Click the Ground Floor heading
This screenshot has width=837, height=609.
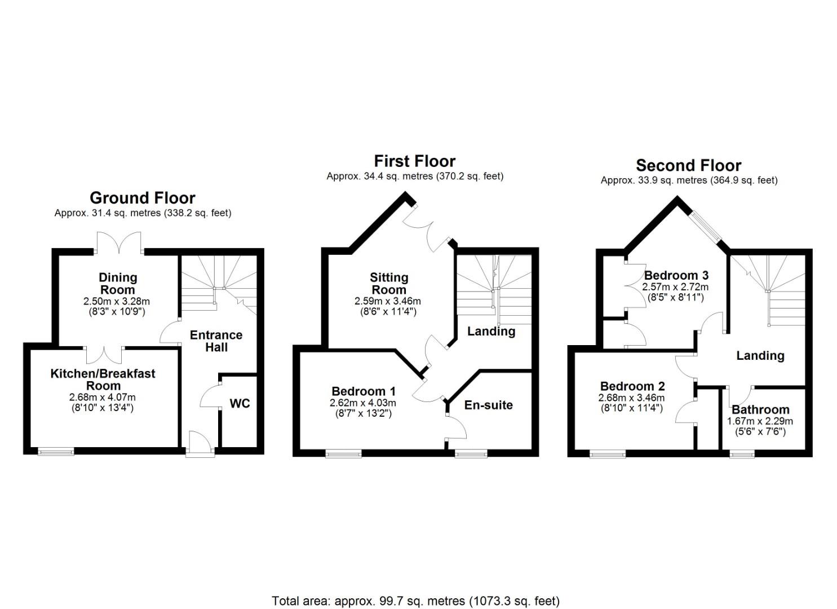[x=143, y=198]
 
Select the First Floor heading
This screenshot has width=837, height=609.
[x=414, y=161]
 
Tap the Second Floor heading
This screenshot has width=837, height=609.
[x=688, y=166]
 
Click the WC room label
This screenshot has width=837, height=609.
[x=240, y=404]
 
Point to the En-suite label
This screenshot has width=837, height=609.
[x=488, y=405]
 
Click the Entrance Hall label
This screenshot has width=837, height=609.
[x=216, y=341]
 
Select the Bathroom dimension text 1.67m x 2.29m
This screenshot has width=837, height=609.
[x=760, y=421]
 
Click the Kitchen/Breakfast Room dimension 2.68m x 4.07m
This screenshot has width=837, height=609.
[x=103, y=397]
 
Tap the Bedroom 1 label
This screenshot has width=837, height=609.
[x=363, y=391]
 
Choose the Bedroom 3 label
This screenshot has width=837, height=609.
[x=676, y=275]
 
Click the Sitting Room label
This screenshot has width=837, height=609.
[x=388, y=284]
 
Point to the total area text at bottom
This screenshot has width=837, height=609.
[x=415, y=601]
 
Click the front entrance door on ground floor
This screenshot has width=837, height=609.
[x=200, y=443]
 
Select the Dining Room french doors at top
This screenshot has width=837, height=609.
[x=118, y=244]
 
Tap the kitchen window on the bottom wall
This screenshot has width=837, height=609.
[x=56, y=451]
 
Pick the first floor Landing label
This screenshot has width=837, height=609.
[x=491, y=331]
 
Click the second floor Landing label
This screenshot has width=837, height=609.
[x=760, y=356]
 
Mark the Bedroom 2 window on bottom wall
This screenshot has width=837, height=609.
[x=608, y=453]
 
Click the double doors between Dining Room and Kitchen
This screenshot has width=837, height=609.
[x=104, y=355]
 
